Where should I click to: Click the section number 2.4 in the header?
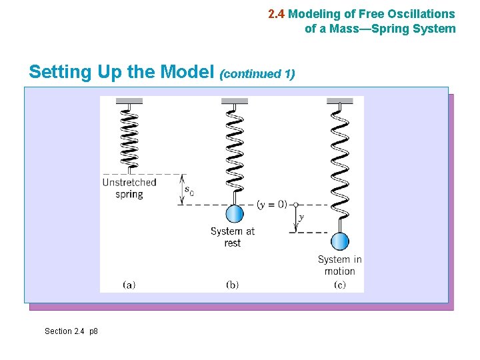[x=276, y=13]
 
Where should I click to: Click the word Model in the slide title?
[x=188, y=71]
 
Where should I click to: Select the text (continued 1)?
[x=257, y=73]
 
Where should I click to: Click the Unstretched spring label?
[x=129, y=188]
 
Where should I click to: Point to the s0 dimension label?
[x=189, y=192]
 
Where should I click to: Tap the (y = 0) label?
[x=271, y=205]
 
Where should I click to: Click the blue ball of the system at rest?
[x=234, y=214]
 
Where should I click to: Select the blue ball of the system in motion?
[x=340, y=241]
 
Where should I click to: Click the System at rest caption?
[x=233, y=237]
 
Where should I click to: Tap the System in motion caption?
[x=340, y=265]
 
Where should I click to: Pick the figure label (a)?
[x=129, y=285]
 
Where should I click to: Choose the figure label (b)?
[x=233, y=285]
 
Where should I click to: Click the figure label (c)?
[x=340, y=285]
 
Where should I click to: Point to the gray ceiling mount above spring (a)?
[x=129, y=101]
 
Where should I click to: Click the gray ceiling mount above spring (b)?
[x=235, y=101]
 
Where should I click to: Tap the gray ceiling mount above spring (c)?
[x=340, y=101]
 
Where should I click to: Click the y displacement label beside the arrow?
[x=301, y=217]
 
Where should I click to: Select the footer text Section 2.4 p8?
[x=71, y=331]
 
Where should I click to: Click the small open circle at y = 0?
[x=295, y=205]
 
